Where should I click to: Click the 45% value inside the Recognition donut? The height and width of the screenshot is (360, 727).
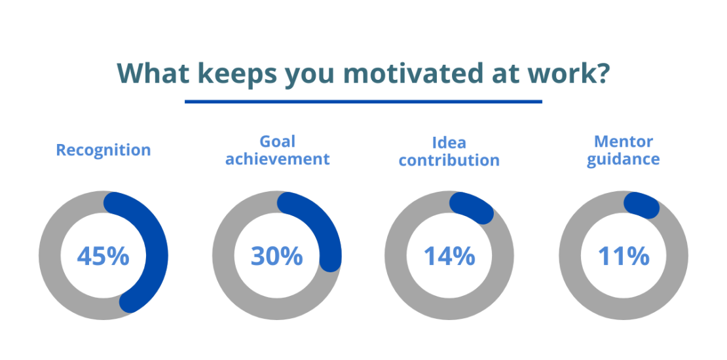103,256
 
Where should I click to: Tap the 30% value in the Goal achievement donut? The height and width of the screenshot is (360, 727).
276,256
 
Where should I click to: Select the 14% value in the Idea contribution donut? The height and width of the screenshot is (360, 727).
449,256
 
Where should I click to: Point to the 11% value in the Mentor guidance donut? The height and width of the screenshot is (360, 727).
623,256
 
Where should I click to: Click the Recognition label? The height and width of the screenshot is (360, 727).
103,150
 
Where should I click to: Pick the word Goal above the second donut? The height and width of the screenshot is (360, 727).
277,141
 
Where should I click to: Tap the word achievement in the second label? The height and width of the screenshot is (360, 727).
277,159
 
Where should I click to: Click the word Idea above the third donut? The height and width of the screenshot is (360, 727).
449,143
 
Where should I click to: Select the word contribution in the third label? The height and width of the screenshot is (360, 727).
449,160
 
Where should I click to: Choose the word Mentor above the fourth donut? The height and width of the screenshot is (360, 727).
623,141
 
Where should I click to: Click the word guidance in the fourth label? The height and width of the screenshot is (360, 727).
623,159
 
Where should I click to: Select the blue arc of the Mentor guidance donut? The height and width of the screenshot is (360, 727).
643,206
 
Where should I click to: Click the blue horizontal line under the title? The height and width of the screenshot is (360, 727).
363,101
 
